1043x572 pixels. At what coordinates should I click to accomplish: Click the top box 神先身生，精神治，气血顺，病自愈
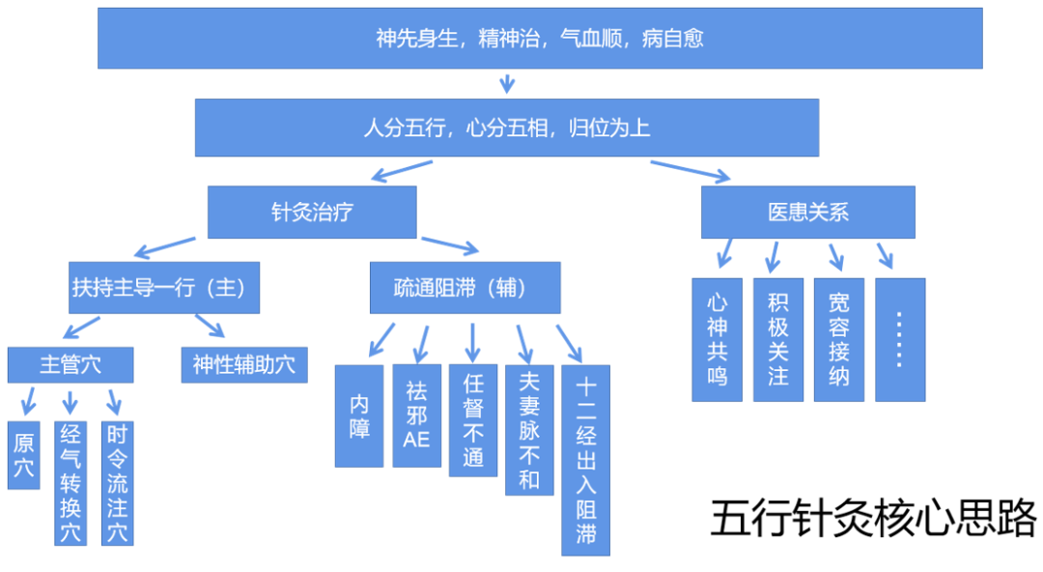pyautogui.click(x=540, y=39)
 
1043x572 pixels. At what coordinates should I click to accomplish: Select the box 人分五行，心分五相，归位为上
pyautogui.click(x=506, y=128)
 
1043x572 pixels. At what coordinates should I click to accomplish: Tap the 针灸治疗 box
pyautogui.click(x=312, y=213)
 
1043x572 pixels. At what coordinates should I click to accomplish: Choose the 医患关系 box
pyautogui.click(x=807, y=213)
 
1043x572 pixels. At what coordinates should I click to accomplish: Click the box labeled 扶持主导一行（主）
pyautogui.click(x=164, y=288)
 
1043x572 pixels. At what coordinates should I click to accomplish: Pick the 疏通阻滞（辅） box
pyautogui.click(x=465, y=288)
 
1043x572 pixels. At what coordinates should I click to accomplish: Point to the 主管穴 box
pyautogui.click(x=70, y=364)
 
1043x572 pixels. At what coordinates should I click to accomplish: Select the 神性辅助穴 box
pyautogui.click(x=244, y=364)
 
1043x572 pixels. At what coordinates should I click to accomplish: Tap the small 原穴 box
pyautogui.click(x=23, y=455)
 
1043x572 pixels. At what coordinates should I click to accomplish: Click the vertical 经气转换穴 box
pyautogui.click(x=70, y=483)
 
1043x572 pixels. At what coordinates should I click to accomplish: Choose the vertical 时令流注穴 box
pyautogui.click(x=117, y=483)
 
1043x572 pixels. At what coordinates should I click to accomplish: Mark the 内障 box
pyautogui.click(x=359, y=415)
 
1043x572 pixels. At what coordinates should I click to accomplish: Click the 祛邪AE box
pyautogui.click(x=416, y=415)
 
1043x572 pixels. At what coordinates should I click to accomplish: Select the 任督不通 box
pyautogui.click(x=473, y=420)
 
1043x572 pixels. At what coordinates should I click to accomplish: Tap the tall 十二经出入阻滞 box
pyautogui.click(x=585, y=460)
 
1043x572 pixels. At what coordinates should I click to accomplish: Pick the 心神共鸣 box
pyautogui.click(x=717, y=339)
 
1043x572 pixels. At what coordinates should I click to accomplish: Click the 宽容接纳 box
pyautogui.click(x=838, y=339)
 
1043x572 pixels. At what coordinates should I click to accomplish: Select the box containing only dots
pyautogui.click(x=900, y=339)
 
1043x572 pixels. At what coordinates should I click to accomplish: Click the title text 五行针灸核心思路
pyautogui.click(x=873, y=519)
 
